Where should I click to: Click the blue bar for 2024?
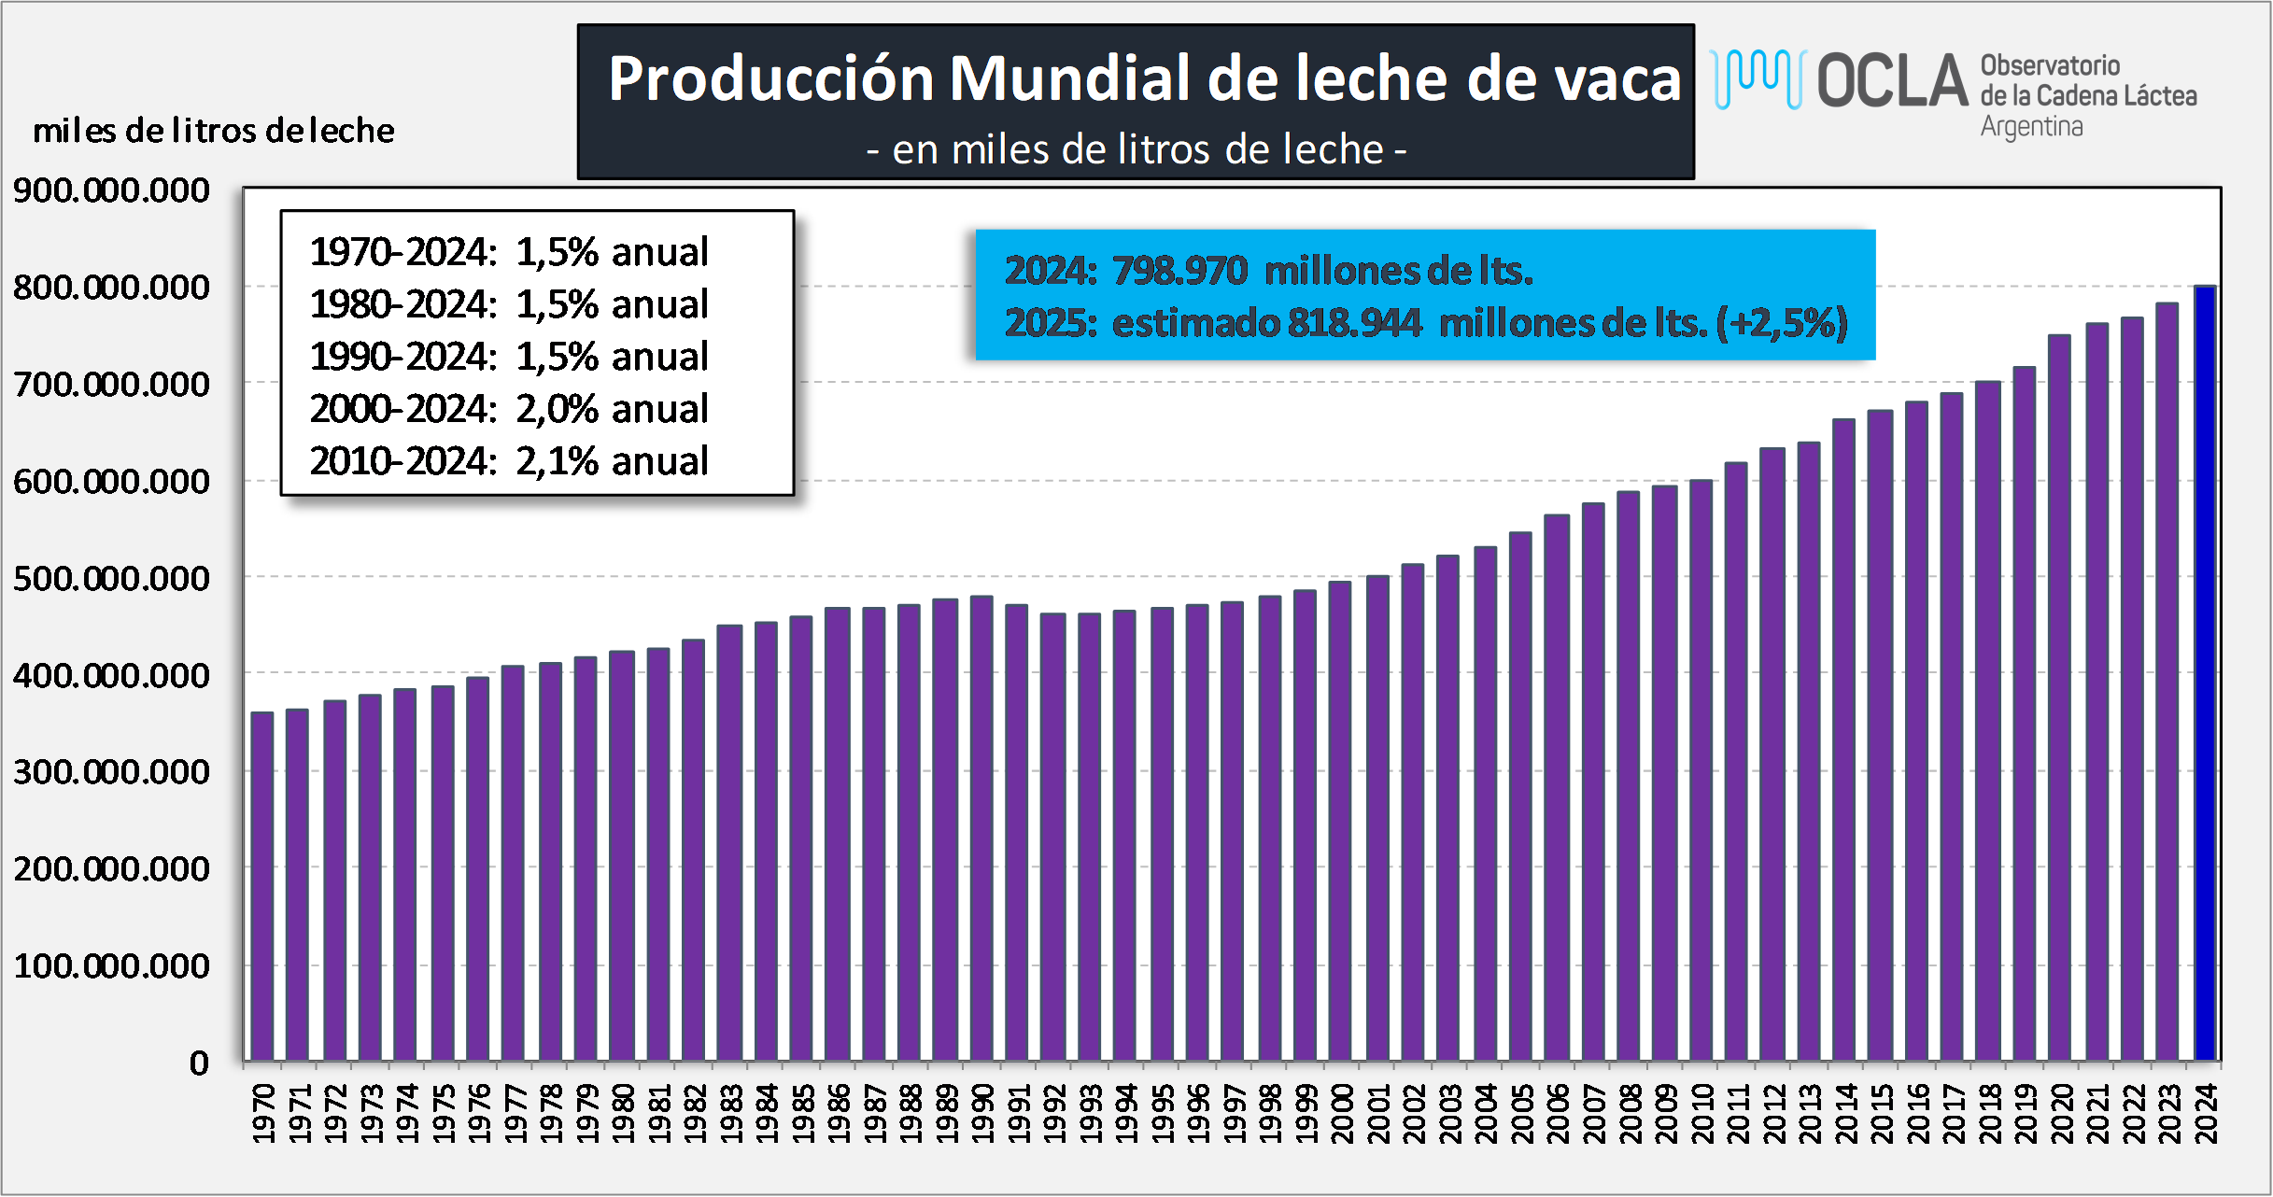tap(2205, 672)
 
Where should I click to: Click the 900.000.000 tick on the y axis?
tap(111, 190)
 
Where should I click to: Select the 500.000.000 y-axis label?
tap(111, 579)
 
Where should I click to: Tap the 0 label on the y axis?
tap(199, 1063)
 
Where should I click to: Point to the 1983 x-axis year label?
tap(731, 1113)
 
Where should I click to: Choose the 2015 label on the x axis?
tap(1881, 1113)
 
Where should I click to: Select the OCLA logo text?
tap(1892, 80)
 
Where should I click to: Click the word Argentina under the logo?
tap(2032, 126)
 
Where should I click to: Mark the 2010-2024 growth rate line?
tap(509, 461)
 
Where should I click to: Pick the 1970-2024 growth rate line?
tap(509, 252)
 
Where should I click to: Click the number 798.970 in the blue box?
tap(1180, 271)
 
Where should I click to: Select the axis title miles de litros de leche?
tap(214, 131)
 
